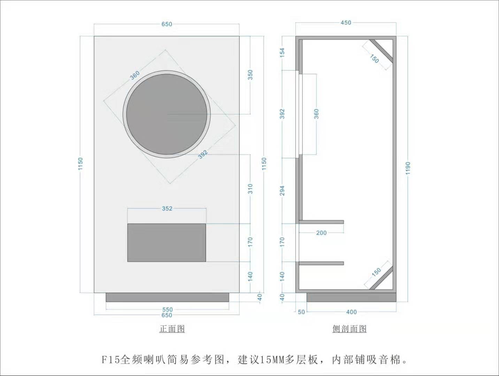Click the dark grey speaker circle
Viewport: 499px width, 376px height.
[x=167, y=114]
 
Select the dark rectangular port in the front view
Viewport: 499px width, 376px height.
[x=167, y=243]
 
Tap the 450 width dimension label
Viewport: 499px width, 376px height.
[x=346, y=23]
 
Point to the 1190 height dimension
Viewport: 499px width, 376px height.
[x=408, y=168]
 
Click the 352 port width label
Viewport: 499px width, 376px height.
[x=167, y=209]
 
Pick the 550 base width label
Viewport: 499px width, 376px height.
[x=167, y=310]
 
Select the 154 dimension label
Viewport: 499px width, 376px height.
[x=282, y=52]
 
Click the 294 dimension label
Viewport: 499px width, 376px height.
[x=282, y=190]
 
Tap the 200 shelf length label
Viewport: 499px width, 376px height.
[x=321, y=233]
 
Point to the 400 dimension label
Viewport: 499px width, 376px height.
[x=352, y=312]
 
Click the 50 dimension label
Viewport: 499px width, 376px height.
[x=301, y=312]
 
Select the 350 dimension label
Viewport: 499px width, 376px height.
[x=250, y=75]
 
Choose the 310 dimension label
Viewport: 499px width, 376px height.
[x=250, y=189]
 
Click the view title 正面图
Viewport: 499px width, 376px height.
[x=172, y=329]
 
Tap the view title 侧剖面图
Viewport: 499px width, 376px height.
[x=350, y=329]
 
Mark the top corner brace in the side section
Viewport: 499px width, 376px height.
[x=381, y=50]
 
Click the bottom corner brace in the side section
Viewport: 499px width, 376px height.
[x=381, y=278]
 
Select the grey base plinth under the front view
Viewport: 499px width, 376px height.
[x=168, y=297]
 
